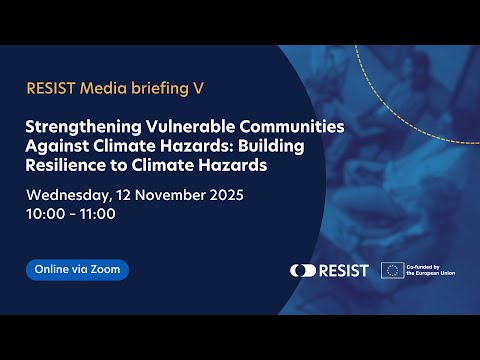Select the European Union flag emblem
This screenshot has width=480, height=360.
coord(391,270)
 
